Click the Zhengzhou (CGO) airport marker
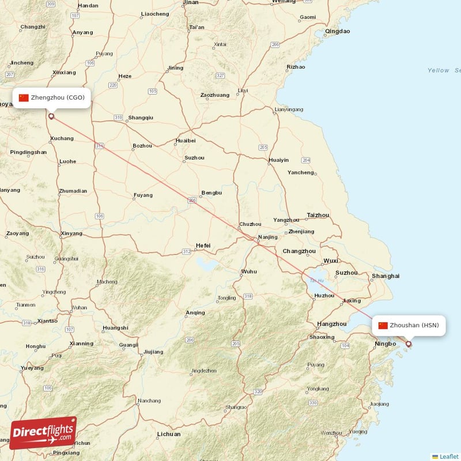(x=51, y=116)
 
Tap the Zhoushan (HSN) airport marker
(x=409, y=345)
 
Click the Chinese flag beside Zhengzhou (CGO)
(x=24, y=97)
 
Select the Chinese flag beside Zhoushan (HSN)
(x=383, y=326)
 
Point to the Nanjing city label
(x=268, y=237)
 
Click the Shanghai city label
(x=386, y=276)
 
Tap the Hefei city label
(x=203, y=245)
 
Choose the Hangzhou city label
(x=332, y=324)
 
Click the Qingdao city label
(x=337, y=31)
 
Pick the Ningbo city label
(x=385, y=345)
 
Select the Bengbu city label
(x=211, y=192)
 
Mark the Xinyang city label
(x=71, y=233)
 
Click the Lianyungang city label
(x=289, y=109)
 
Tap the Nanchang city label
(x=149, y=400)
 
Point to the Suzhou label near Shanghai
(x=346, y=273)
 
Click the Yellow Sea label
(x=444, y=70)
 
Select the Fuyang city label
(x=143, y=195)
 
